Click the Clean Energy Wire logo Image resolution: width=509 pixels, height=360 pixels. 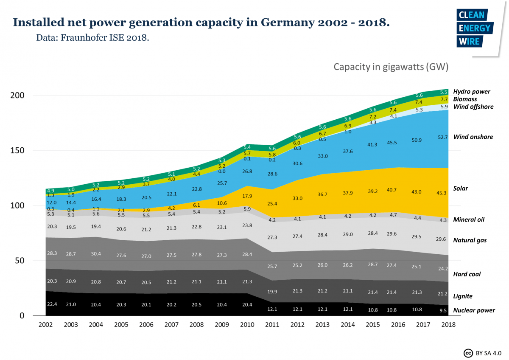475,28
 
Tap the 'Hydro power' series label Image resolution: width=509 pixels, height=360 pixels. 471,91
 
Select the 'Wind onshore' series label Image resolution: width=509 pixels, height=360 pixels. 473,137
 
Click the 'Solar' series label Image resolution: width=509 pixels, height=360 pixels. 460,188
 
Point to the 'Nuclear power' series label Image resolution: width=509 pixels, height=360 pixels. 474,310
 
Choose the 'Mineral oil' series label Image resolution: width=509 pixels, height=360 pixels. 469,219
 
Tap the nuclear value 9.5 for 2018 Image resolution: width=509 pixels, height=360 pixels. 443,310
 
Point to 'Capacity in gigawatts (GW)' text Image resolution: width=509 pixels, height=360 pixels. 391,67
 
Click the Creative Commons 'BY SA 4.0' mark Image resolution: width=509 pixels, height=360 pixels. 483,353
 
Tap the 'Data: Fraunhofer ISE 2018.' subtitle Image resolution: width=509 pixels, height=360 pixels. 92,37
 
